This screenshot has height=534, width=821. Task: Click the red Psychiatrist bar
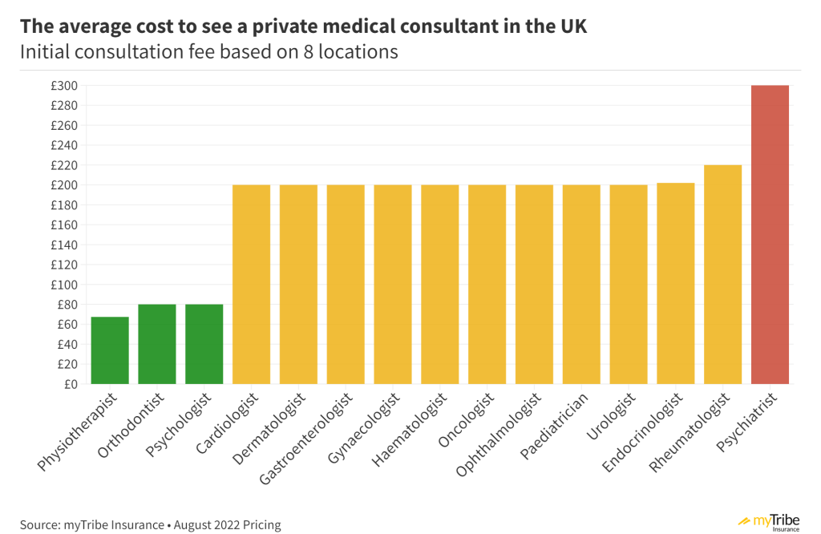click(770, 235)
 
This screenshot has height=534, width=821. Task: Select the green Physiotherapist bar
click(110, 350)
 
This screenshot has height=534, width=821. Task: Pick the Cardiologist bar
click(251, 285)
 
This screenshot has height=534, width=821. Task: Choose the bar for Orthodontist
click(157, 344)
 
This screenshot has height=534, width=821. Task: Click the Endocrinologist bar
click(676, 284)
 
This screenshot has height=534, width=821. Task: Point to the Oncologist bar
click(487, 285)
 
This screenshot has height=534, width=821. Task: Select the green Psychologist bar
click(204, 344)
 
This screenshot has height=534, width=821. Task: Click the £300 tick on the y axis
click(62, 86)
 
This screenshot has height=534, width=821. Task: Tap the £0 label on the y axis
click(69, 384)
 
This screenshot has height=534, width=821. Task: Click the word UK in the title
click(570, 26)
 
